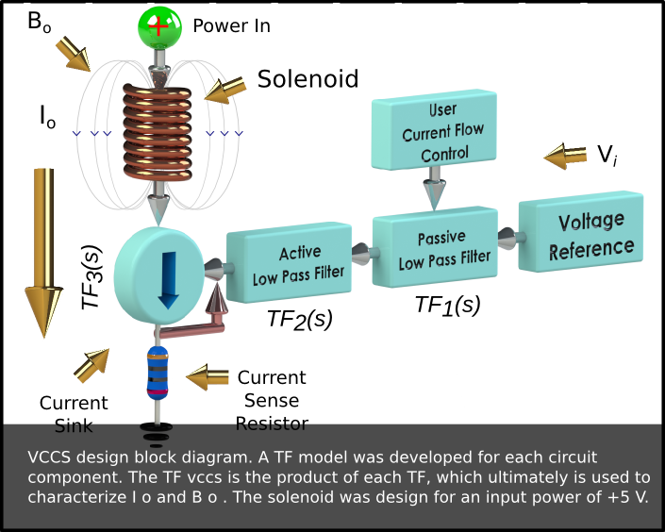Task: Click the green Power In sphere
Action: tap(160, 27)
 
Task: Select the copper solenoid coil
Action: tap(158, 132)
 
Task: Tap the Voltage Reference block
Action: tap(581, 232)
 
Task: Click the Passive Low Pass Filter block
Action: tap(436, 247)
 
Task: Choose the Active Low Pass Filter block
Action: tap(290, 263)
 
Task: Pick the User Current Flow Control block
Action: tap(434, 130)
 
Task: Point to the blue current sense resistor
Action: tap(158, 374)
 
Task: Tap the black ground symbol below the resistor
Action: tap(157, 434)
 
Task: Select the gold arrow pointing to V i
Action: tap(565, 157)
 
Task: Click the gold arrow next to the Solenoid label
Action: tap(224, 91)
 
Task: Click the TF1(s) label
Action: tap(448, 305)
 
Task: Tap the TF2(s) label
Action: tap(300, 319)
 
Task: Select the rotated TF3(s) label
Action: tap(91, 277)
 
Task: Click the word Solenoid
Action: tap(308, 79)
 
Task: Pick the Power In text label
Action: tap(231, 25)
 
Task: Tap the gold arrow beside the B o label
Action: tap(73, 54)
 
